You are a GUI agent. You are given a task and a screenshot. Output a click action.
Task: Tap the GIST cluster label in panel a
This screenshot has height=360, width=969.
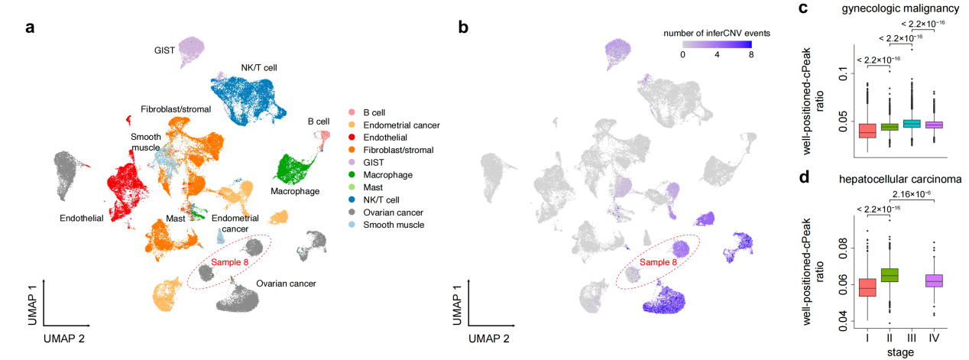164,51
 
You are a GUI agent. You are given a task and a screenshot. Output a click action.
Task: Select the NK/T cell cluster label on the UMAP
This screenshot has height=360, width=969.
258,67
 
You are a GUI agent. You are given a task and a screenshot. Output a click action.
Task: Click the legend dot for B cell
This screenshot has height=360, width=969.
351,112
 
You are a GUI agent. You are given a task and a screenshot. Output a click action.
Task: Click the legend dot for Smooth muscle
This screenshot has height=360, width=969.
351,225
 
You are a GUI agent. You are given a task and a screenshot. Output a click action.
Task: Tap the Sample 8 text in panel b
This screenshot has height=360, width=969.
659,262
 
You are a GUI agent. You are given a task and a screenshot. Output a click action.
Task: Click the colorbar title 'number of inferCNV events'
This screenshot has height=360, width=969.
718,33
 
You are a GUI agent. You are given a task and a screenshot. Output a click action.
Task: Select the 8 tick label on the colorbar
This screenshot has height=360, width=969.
751,55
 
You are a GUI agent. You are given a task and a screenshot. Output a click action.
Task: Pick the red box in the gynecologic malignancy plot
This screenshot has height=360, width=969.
867,130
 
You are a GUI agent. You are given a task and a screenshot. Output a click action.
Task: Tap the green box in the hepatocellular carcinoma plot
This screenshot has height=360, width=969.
890,275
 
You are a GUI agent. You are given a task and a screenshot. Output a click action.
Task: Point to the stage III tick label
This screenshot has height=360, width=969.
912,336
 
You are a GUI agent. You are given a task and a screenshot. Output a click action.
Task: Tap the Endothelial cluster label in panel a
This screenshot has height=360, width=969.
83,219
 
